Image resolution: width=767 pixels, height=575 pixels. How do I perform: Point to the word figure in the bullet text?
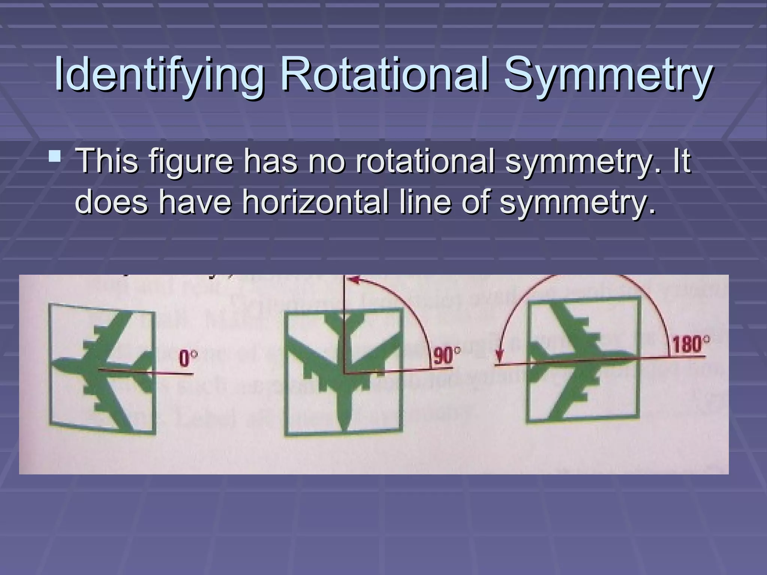(191, 162)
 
